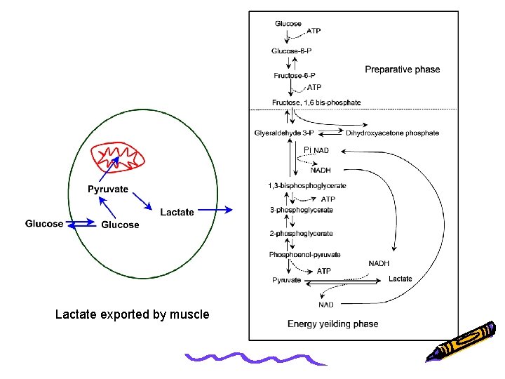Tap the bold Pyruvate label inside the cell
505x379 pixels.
point(107,189)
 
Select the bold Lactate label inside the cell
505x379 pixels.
point(177,212)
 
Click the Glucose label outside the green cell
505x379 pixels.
point(43,224)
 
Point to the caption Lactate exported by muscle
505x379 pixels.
point(132,314)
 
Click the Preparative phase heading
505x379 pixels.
point(402,69)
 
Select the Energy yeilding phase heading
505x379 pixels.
point(332,324)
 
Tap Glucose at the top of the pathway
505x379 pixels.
point(288,23)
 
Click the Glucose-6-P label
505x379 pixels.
point(292,50)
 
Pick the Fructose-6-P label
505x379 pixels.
point(293,75)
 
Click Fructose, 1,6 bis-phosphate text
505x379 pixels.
point(316,102)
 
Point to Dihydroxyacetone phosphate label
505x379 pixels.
point(393,133)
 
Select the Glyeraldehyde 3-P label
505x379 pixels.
point(289,133)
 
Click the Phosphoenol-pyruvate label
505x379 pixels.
point(304,255)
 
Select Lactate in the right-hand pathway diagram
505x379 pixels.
point(400,279)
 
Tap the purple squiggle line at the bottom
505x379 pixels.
point(256,359)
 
